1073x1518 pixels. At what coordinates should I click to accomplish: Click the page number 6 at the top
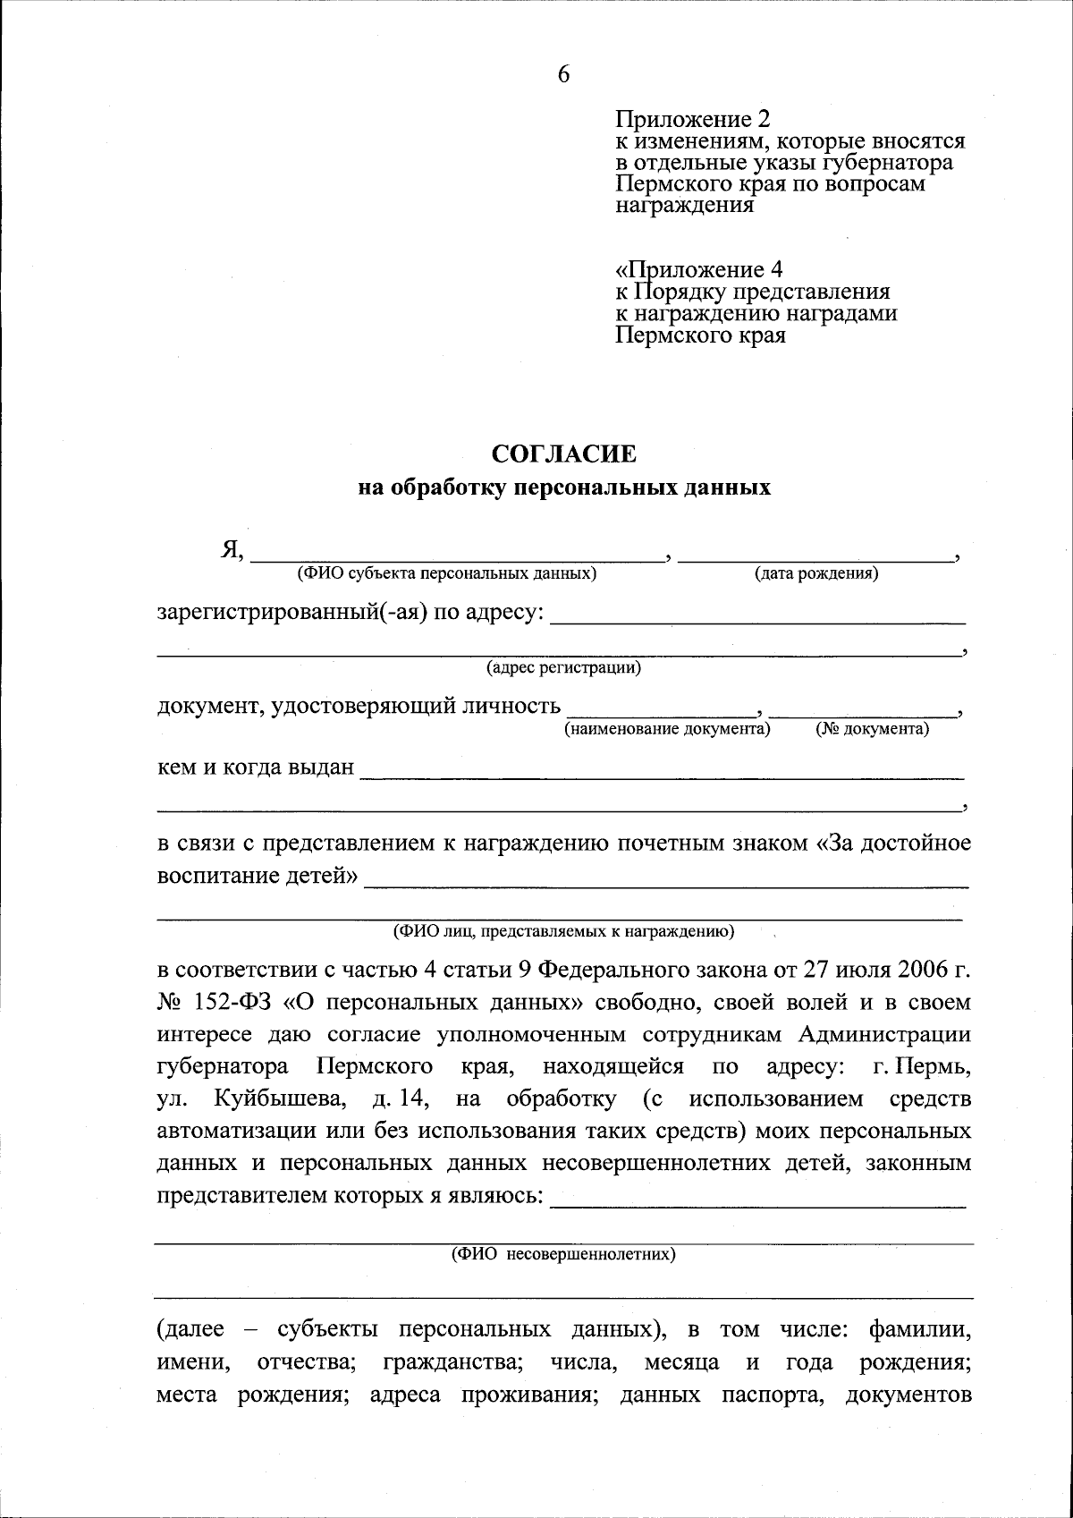click(563, 75)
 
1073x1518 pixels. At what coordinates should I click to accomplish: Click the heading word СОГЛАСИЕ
click(564, 454)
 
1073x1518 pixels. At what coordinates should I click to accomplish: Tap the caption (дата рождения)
click(815, 573)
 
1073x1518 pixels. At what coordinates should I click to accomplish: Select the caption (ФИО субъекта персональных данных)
click(446, 573)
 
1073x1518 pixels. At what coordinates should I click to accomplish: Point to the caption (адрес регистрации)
click(563, 668)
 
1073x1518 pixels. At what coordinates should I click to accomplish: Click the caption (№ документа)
click(872, 730)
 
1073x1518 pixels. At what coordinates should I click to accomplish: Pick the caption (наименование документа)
click(666, 730)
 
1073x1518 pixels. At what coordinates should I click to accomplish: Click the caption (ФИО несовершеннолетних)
click(563, 1254)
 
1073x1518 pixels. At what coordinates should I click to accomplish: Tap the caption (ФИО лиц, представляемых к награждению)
click(563, 932)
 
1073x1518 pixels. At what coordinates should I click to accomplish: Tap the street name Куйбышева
click(282, 1098)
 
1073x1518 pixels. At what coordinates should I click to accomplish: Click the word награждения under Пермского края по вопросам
click(685, 207)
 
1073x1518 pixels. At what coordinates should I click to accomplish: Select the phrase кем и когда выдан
click(256, 768)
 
